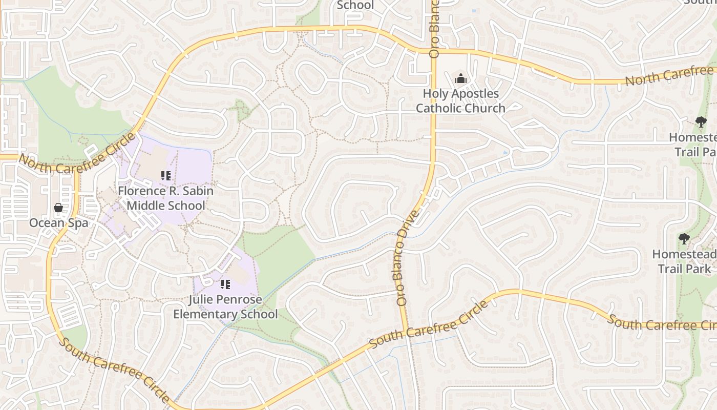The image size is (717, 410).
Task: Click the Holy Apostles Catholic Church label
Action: click(x=460, y=101)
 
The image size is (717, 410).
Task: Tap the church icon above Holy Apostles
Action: click(x=461, y=79)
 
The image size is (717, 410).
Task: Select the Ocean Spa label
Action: click(x=58, y=223)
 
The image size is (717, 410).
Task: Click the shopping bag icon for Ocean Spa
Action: click(x=58, y=208)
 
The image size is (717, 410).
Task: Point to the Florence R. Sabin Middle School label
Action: click(x=165, y=198)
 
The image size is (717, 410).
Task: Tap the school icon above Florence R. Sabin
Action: click(x=165, y=176)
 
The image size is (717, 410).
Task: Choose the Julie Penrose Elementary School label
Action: click(x=225, y=307)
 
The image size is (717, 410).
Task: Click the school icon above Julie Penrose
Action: click(x=225, y=284)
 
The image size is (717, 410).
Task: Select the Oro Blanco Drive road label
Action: click(x=408, y=258)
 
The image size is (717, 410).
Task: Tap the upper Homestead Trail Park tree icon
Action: click(x=701, y=122)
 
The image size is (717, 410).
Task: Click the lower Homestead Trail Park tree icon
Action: click(x=684, y=239)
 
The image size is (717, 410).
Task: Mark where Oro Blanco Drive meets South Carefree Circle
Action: click(x=405, y=332)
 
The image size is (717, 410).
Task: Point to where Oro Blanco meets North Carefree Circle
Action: click(x=434, y=52)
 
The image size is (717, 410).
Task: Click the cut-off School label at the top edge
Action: click(x=355, y=5)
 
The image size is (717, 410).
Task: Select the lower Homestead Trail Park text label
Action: click(x=684, y=261)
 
